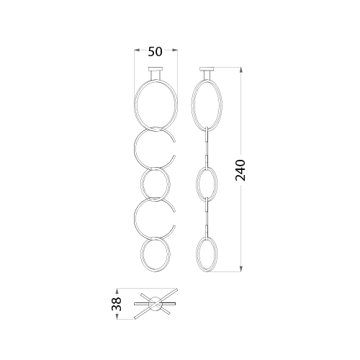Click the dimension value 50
point(155,52)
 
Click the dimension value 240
point(240,170)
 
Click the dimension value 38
point(117,304)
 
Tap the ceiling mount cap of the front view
point(156,69)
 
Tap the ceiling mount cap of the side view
point(207,69)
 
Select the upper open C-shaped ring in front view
point(134,148)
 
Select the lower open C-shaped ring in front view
point(134,218)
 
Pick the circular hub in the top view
point(156,304)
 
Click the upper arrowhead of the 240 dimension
point(241,70)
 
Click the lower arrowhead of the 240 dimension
point(241,269)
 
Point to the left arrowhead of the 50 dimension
point(137,50)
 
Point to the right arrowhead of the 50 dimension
point(175,50)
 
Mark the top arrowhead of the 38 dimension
point(117,291)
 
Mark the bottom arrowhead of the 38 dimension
point(117,317)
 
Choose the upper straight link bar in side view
point(207,147)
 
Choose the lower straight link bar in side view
point(207,217)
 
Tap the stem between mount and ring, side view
point(207,75)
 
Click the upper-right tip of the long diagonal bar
point(177,289)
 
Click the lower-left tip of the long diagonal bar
point(134,319)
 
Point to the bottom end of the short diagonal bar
point(169,312)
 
